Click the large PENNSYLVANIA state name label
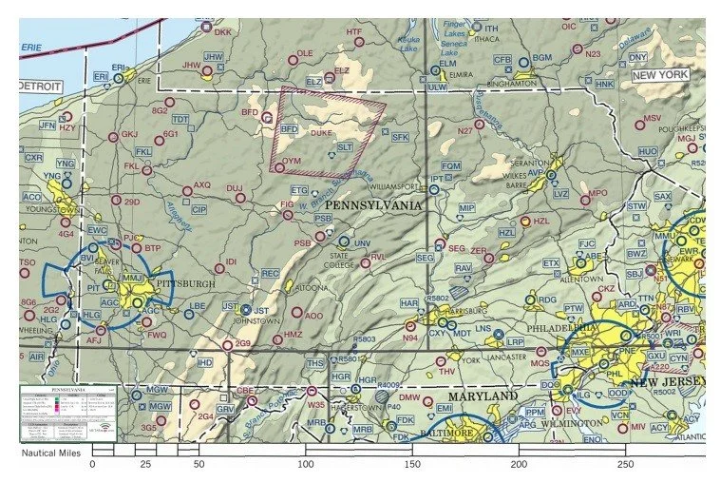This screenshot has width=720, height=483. pos(374,204)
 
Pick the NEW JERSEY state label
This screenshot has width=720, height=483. pos(671,382)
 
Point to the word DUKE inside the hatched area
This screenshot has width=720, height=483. pos(320,134)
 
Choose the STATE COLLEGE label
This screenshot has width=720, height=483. pos(339,260)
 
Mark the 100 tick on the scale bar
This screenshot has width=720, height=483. pos(306,466)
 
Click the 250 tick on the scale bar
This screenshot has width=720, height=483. pos(624,466)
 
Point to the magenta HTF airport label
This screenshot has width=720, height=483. pos(353,31)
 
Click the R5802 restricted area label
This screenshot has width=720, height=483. pos(438,298)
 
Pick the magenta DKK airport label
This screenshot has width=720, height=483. pos(222,31)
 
